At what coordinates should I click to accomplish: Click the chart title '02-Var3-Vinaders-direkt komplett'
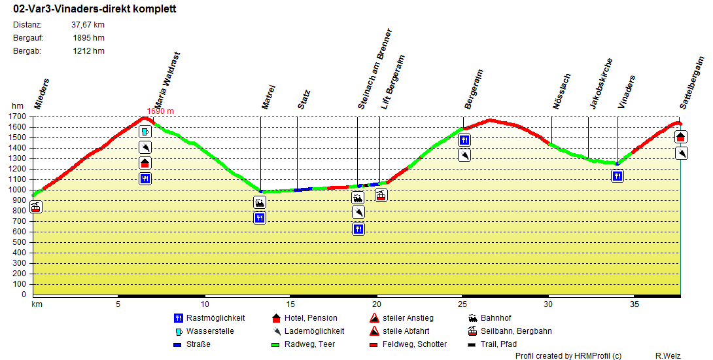click(x=94, y=10)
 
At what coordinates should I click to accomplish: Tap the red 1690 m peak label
click(x=160, y=111)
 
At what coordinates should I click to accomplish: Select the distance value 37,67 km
click(x=88, y=25)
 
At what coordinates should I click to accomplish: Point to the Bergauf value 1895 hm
click(x=89, y=38)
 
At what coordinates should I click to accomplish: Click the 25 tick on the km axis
click(x=462, y=304)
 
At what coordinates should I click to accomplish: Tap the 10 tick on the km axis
click(x=204, y=304)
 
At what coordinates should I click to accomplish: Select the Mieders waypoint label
click(x=42, y=94)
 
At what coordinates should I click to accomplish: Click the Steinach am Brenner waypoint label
click(x=375, y=69)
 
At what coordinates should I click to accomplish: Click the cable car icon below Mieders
click(x=36, y=207)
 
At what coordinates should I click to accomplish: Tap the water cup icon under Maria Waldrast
click(x=145, y=132)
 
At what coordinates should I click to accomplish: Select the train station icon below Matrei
click(x=260, y=203)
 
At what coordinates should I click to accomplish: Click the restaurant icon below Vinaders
click(x=617, y=175)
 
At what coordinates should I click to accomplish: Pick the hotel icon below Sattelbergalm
click(x=681, y=137)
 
